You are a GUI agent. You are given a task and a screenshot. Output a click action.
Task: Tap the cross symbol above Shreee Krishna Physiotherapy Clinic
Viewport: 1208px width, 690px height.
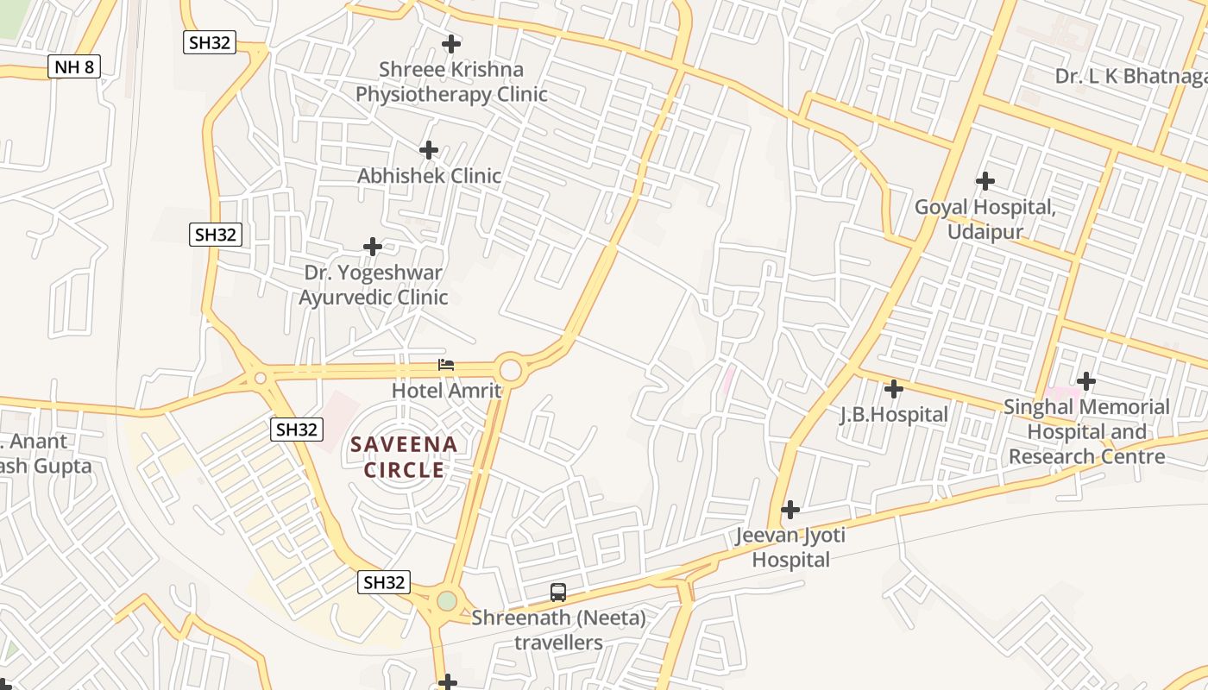(450, 43)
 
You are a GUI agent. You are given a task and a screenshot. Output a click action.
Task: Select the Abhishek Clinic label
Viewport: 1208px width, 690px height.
(429, 176)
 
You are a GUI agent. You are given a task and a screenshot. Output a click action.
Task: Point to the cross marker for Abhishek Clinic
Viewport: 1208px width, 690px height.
(429, 150)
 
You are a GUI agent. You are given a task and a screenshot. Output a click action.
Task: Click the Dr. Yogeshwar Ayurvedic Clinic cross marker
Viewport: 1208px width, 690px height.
(373, 247)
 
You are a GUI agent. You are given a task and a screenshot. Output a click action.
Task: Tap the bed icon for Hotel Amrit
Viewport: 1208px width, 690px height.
(446, 365)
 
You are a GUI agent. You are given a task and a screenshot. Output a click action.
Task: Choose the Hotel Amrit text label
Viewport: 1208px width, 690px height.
(446, 390)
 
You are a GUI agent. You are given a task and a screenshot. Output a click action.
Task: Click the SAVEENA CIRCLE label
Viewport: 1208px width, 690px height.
(404, 457)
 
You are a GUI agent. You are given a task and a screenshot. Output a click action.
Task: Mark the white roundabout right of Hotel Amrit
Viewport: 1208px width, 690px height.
(511, 370)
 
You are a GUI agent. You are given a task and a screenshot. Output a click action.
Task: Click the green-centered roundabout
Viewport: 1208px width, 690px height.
(446, 600)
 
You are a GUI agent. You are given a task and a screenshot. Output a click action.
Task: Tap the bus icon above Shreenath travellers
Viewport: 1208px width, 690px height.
(558, 593)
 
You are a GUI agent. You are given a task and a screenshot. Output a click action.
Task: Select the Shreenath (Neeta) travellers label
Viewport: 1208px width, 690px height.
(558, 630)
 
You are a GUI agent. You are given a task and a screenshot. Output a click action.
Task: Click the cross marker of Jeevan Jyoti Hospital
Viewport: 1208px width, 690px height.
(790, 510)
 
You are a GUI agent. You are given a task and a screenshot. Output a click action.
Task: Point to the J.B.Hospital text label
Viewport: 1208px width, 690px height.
(894, 415)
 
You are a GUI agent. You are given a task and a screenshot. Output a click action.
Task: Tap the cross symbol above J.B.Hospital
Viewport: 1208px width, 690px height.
(894, 389)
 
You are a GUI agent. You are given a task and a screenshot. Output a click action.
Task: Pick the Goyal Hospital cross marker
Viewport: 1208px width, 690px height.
(985, 181)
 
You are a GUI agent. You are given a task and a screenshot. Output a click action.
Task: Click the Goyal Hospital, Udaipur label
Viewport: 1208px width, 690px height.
(985, 220)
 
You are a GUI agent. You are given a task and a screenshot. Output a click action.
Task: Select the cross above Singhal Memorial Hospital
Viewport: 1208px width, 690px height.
(1086, 380)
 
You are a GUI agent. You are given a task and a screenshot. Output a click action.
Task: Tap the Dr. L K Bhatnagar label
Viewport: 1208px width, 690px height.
(1130, 76)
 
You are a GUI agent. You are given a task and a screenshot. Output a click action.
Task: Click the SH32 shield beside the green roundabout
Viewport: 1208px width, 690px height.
(384, 582)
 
